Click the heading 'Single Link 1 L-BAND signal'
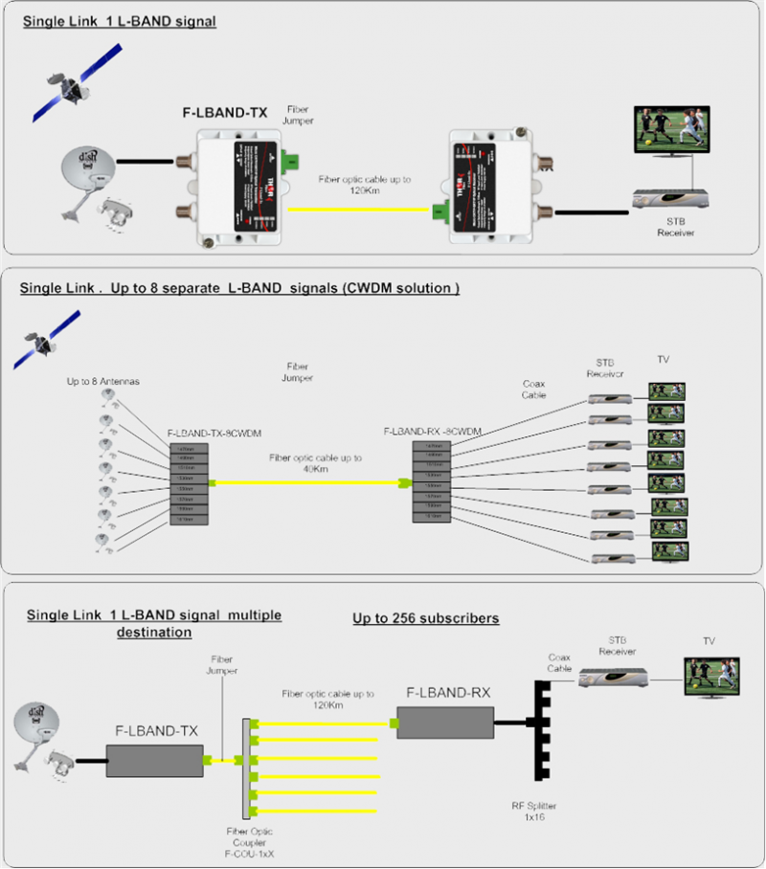121,22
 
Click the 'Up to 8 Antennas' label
103,382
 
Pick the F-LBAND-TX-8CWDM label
205,434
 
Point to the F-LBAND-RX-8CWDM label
432,432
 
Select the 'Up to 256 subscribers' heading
425,619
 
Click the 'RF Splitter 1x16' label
532,813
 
